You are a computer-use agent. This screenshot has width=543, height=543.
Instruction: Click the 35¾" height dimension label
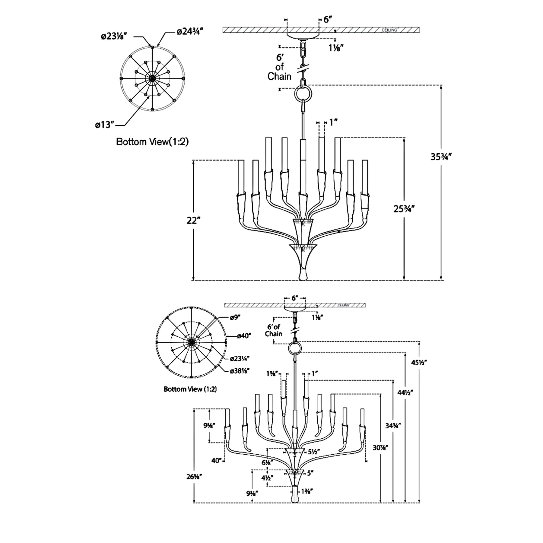[x=441, y=157]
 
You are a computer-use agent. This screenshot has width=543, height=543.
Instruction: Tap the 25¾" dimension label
[x=404, y=209]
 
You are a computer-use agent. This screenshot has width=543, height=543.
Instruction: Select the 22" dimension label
[x=194, y=221]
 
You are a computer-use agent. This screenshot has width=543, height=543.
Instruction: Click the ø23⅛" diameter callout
[x=113, y=37]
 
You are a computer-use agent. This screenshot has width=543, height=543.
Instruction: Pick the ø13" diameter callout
[x=105, y=125]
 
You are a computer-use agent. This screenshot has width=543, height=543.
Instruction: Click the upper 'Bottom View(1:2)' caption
[x=152, y=142]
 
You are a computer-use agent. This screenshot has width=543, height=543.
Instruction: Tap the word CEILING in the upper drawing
[x=389, y=30]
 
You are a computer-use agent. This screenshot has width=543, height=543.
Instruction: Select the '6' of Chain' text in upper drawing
[x=279, y=67]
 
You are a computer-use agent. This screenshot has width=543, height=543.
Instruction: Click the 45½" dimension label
[x=419, y=362]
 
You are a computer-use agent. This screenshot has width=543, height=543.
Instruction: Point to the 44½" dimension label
[x=405, y=392]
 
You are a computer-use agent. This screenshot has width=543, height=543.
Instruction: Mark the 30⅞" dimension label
[x=380, y=448]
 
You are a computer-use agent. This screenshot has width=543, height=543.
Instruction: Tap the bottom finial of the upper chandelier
[x=303, y=274]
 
